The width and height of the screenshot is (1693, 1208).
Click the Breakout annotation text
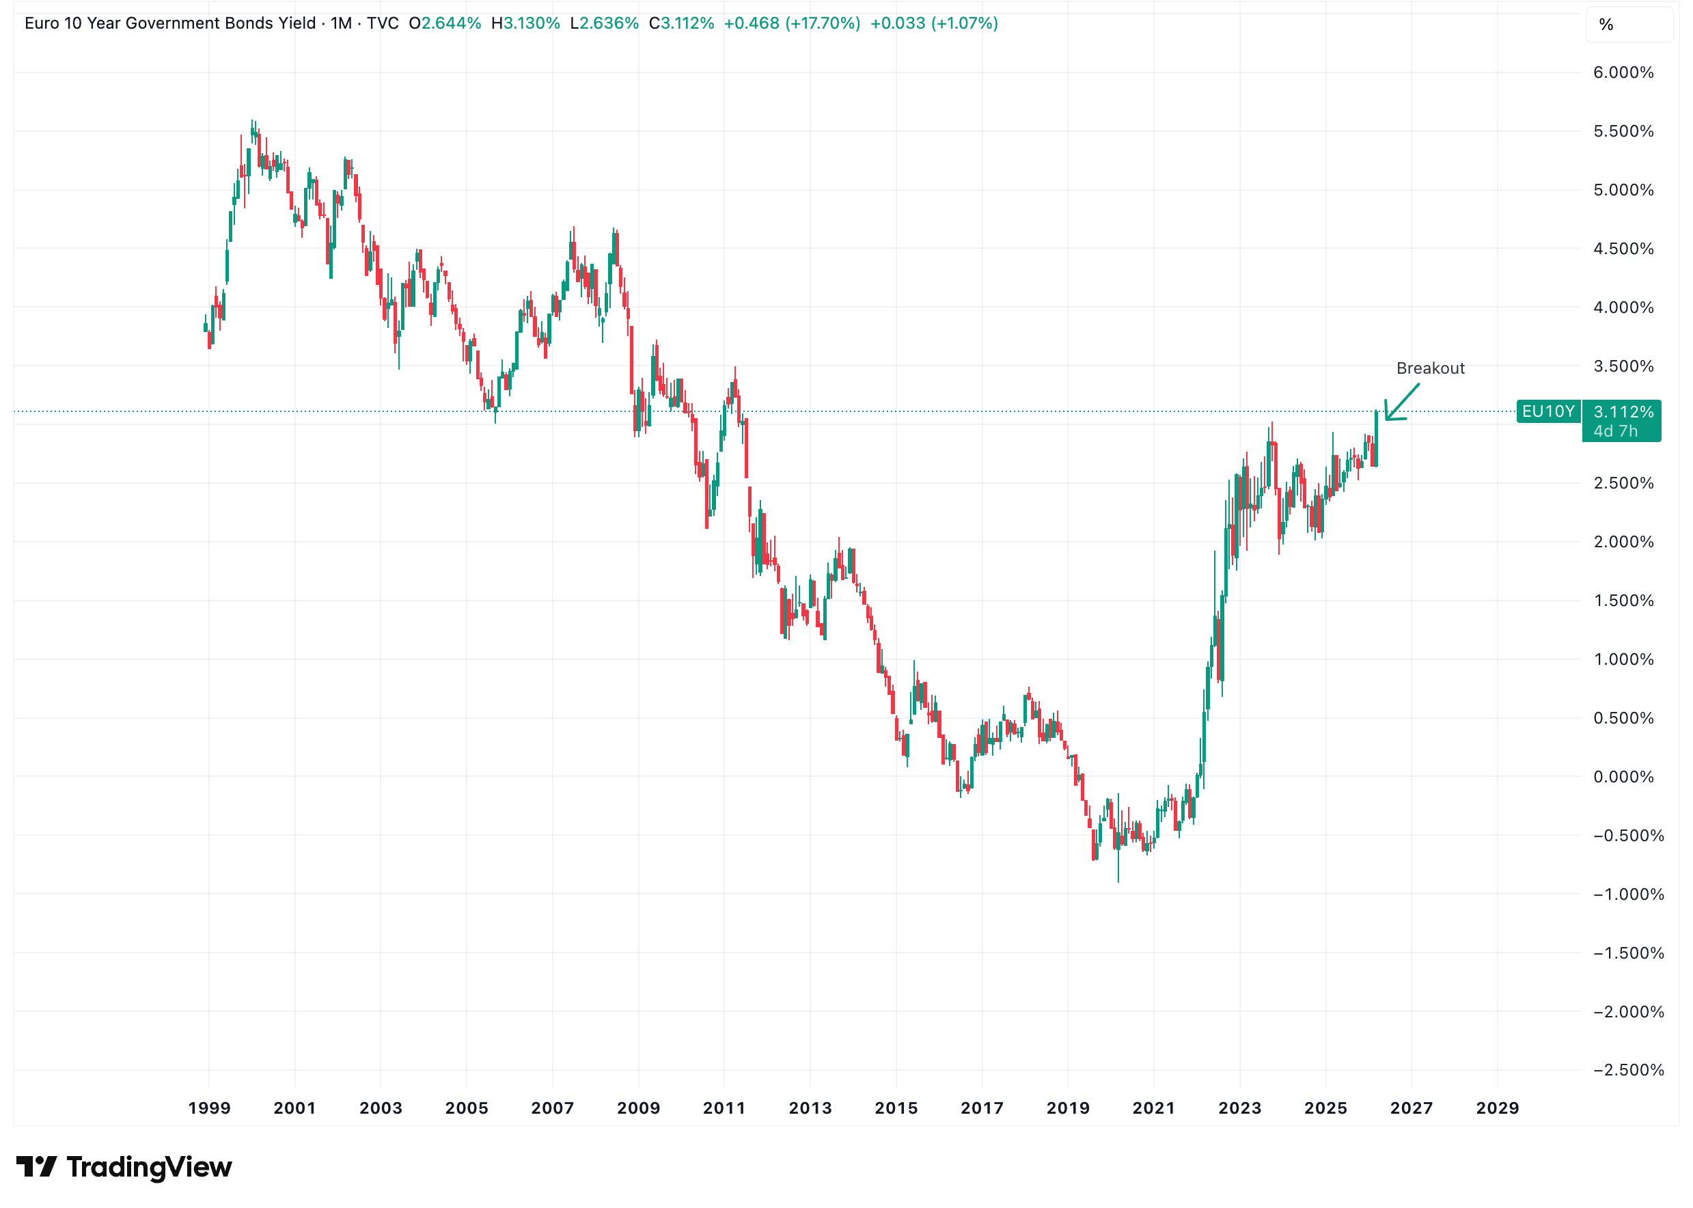(x=1430, y=368)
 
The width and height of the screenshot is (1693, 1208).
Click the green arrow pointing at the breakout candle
(x=1402, y=402)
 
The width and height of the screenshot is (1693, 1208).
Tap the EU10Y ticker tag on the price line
(x=1547, y=411)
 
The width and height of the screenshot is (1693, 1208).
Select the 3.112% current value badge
(x=1623, y=412)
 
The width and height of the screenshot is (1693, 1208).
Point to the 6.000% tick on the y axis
(x=1623, y=73)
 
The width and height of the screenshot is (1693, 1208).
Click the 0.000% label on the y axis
(x=1623, y=777)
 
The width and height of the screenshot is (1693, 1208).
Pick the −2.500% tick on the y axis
(x=1627, y=1070)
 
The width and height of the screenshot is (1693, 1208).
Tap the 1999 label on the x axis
(x=209, y=1108)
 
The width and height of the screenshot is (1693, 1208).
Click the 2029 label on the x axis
(x=1497, y=1108)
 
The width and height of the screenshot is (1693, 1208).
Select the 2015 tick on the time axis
(x=896, y=1108)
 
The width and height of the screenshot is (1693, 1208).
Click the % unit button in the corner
(x=1606, y=25)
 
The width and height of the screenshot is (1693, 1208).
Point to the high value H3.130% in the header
(x=525, y=23)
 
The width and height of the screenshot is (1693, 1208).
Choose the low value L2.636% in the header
(x=604, y=23)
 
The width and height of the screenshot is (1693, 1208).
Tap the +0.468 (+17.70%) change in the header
(x=791, y=23)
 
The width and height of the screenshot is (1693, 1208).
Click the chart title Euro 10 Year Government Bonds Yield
(x=169, y=23)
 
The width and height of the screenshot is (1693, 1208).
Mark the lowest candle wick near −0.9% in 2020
(x=1118, y=878)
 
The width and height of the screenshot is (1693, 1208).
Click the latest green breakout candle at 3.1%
(x=1376, y=439)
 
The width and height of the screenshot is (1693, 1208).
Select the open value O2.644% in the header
(x=445, y=23)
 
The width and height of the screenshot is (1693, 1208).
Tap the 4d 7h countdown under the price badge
(x=1615, y=431)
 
